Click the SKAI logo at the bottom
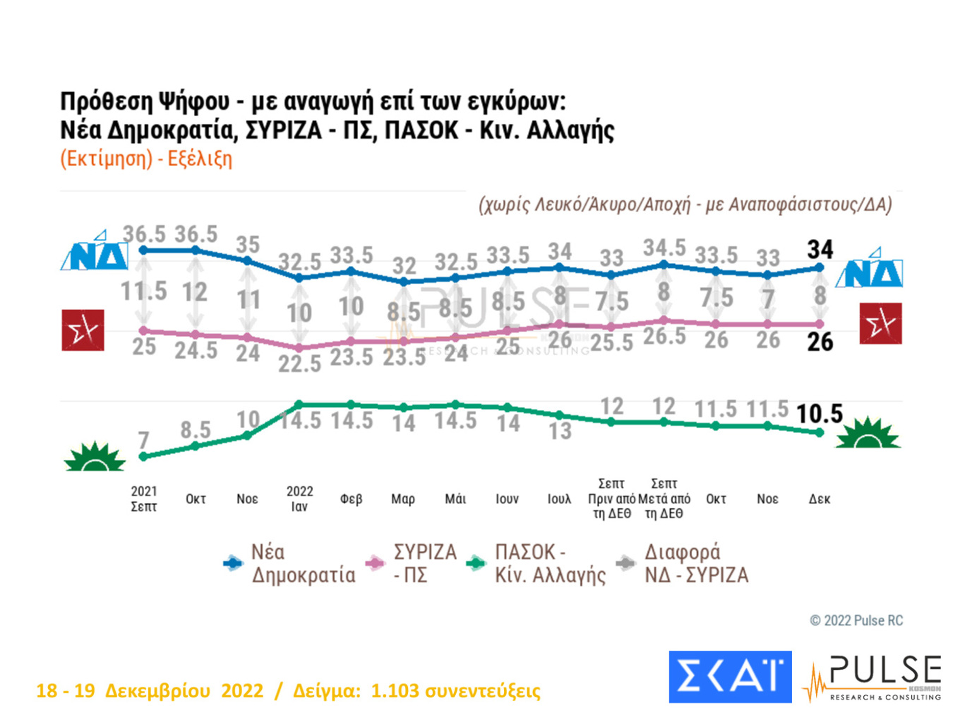[730, 676]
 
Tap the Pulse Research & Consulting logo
[873, 678]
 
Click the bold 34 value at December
[820, 249]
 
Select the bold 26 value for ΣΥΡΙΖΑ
[820, 342]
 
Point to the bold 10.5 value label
[819, 414]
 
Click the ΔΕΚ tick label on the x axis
[819, 499]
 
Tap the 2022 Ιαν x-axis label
[299, 498]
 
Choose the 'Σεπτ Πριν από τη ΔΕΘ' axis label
[611, 498]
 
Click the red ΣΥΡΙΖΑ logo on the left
[83, 330]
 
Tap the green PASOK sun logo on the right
[868, 433]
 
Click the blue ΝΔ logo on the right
[870, 268]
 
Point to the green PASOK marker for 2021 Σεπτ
[144, 457]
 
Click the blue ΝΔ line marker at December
[820, 268]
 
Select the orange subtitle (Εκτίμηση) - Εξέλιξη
[146, 158]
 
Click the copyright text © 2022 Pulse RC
[856, 620]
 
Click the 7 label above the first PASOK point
[144, 440]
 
